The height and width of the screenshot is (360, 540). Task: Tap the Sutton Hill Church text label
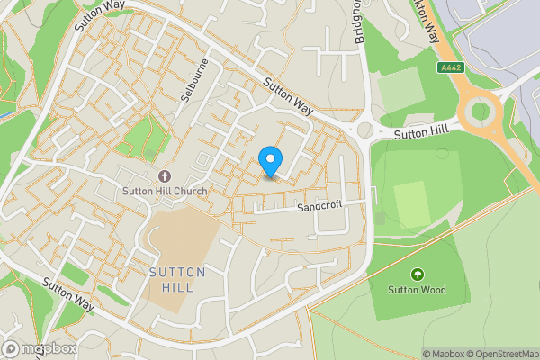(x=166, y=191)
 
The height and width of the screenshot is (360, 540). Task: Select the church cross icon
(x=165, y=175)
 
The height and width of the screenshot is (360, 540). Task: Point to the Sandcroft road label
(x=321, y=207)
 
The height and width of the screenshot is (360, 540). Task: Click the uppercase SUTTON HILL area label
(x=177, y=279)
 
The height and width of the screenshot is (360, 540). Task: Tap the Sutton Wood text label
(x=417, y=290)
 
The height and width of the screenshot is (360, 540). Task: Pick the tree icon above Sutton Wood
(x=417, y=274)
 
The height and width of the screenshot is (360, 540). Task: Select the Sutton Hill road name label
(x=420, y=131)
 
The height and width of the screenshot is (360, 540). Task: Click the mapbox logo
(x=39, y=348)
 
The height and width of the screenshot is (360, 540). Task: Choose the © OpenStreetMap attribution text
(x=502, y=354)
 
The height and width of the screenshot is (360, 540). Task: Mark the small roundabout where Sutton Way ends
(x=364, y=130)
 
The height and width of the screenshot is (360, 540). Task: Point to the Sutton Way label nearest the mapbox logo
(x=67, y=294)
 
